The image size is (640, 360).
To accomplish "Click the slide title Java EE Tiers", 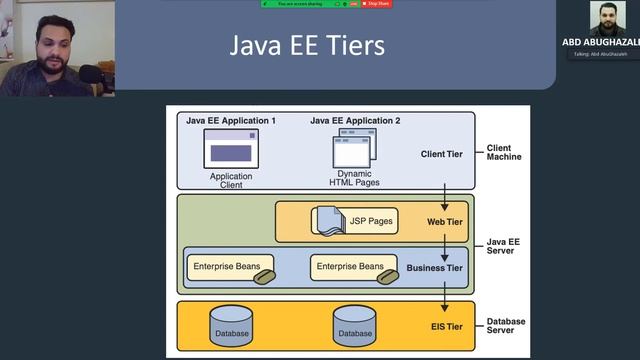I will coord(307,45).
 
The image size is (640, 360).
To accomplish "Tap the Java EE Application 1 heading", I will coord(231,121).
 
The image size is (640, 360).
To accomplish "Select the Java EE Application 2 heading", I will coord(355,121).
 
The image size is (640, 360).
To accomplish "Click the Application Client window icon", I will coord(230,150).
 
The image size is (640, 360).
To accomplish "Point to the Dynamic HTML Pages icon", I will coord(354,150).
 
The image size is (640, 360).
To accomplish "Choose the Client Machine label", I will coord(504,152).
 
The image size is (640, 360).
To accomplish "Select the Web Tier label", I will coord(442,221).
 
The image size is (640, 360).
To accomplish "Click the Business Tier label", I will coord(435,268).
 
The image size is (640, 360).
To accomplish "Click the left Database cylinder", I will coord(230,326).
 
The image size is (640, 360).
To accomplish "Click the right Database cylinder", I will coord(354,326).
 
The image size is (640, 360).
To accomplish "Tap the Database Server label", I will coord(506,327).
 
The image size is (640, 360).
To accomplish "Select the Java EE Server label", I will coord(502,245).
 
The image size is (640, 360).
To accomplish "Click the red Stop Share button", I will coord(377,4).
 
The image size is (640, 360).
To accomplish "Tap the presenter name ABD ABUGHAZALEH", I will coord(601,42).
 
